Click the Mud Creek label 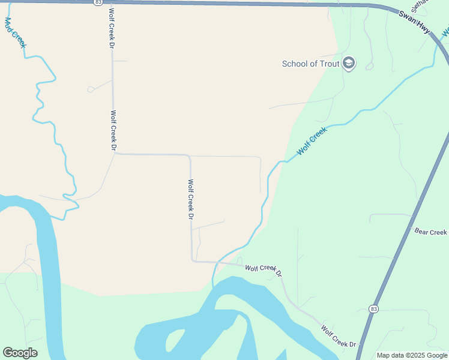coord(15,34)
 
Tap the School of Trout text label coord(311,64)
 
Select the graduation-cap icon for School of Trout coord(349,63)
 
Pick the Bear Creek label coord(430,232)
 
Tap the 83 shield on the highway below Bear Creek coord(374,308)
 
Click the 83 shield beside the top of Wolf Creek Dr coord(98,2)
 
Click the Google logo coord(20,353)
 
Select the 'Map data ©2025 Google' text coord(412,355)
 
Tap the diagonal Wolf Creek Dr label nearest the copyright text coord(339,336)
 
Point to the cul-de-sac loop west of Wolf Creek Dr coord(91,89)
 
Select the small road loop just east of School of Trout coord(369,66)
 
